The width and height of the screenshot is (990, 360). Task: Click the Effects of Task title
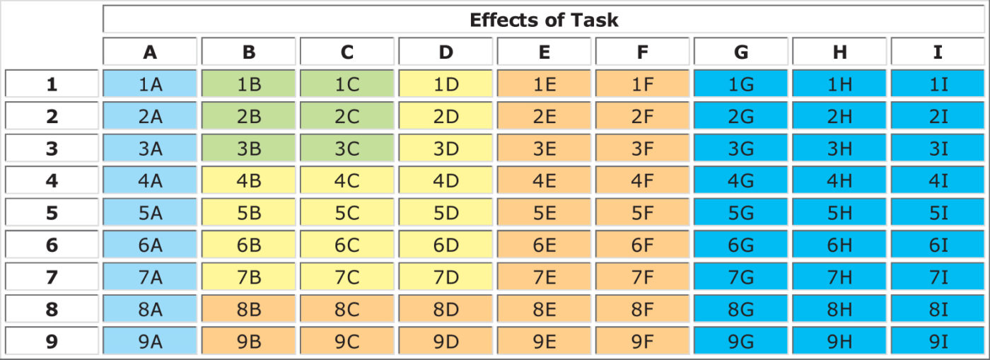pyautogui.click(x=543, y=20)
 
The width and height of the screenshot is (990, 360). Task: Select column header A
pyautogui.click(x=150, y=52)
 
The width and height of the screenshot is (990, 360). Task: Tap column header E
pyautogui.click(x=543, y=52)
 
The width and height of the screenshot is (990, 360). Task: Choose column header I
pyautogui.click(x=938, y=52)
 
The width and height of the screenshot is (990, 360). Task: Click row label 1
pyautogui.click(x=52, y=84)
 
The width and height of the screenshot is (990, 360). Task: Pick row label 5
pyautogui.click(x=52, y=213)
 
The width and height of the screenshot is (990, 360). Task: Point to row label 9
pyautogui.click(x=52, y=342)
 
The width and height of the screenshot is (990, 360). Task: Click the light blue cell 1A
pyautogui.click(x=150, y=84)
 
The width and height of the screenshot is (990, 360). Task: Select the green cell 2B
pyautogui.click(x=248, y=117)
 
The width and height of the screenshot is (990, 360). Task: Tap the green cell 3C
pyautogui.click(x=346, y=149)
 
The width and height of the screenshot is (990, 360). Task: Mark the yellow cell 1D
pyautogui.click(x=445, y=84)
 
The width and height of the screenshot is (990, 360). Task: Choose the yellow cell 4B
pyautogui.click(x=248, y=181)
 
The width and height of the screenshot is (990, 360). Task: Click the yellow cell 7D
pyautogui.click(x=445, y=277)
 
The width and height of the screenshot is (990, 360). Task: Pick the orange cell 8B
pyautogui.click(x=248, y=310)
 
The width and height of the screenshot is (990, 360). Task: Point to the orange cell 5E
pyautogui.click(x=543, y=213)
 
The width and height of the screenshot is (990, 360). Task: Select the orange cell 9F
pyautogui.click(x=642, y=342)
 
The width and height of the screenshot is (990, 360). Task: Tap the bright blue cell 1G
pyautogui.click(x=740, y=84)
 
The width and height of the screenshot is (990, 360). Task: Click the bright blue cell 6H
pyautogui.click(x=839, y=245)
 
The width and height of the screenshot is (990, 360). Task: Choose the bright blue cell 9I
pyautogui.click(x=938, y=342)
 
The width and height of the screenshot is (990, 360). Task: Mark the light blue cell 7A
pyautogui.click(x=150, y=277)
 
